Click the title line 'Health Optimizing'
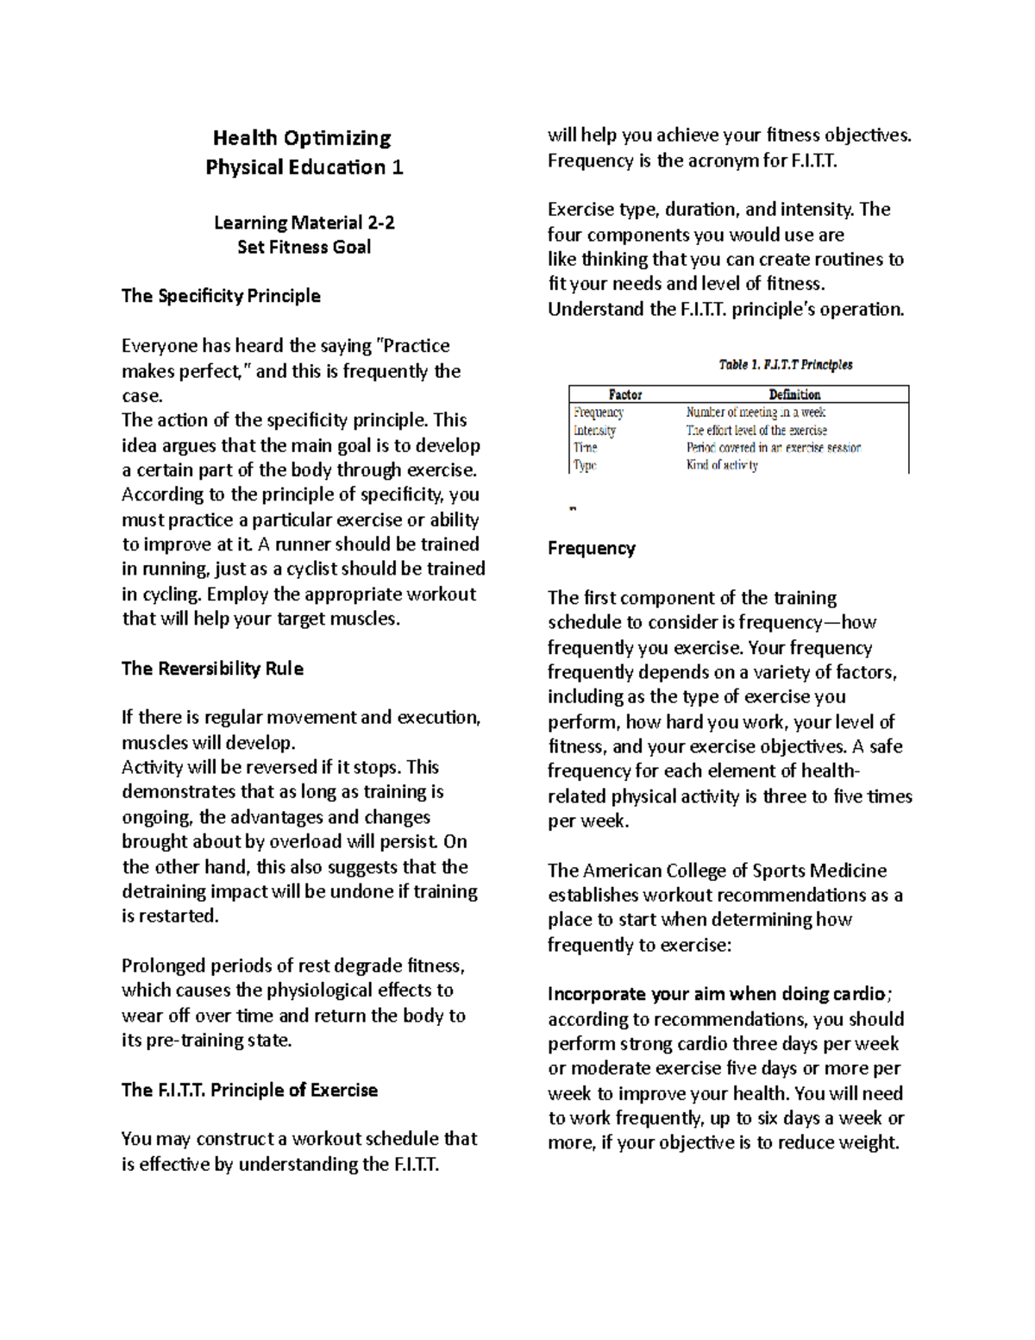(302, 138)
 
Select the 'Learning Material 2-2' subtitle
(304, 223)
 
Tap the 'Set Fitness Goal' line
(304, 248)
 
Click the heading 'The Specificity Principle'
(221, 296)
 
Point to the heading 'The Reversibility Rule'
(212, 669)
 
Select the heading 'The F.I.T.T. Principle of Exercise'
(249, 1090)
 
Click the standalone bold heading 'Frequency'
(592, 549)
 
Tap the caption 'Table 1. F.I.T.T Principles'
(785, 365)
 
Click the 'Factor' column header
(625, 394)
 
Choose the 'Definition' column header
(794, 394)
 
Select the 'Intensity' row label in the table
(594, 431)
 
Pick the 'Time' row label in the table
(586, 448)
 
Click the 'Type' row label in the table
(585, 465)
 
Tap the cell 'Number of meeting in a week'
(756, 412)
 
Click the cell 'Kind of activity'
(722, 465)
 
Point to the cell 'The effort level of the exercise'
(756, 431)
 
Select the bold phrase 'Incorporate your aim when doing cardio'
(716, 994)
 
